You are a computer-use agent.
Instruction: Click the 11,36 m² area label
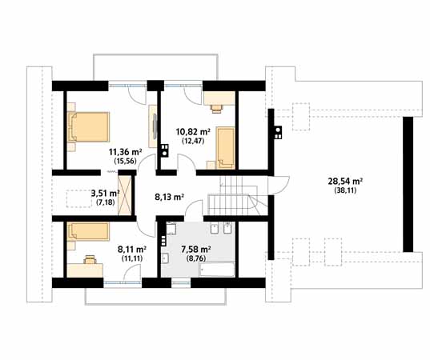coord(126,151)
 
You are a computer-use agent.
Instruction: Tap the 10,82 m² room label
coord(193,132)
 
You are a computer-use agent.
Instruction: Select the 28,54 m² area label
coord(346,182)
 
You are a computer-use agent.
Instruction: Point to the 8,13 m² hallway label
coord(169,197)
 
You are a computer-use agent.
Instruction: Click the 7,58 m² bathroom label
coord(196,250)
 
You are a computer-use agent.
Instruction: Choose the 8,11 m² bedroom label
coord(131,250)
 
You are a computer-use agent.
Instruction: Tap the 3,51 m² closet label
coord(106,194)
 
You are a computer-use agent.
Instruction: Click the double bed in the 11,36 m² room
coord(88,127)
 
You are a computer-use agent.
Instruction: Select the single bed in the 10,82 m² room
coord(226,148)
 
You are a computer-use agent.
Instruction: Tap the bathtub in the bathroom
coord(216,270)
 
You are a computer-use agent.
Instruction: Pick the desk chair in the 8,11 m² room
coord(90,259)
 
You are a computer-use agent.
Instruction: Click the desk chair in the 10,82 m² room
coord(216,109)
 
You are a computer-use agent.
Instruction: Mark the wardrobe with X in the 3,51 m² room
coord(125,195)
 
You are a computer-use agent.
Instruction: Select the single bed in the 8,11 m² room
coord(88,232)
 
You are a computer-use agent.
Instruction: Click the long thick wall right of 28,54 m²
coord(408,184)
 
